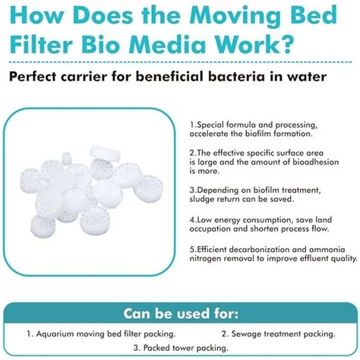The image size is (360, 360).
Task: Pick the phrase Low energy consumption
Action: click(243, 219)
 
